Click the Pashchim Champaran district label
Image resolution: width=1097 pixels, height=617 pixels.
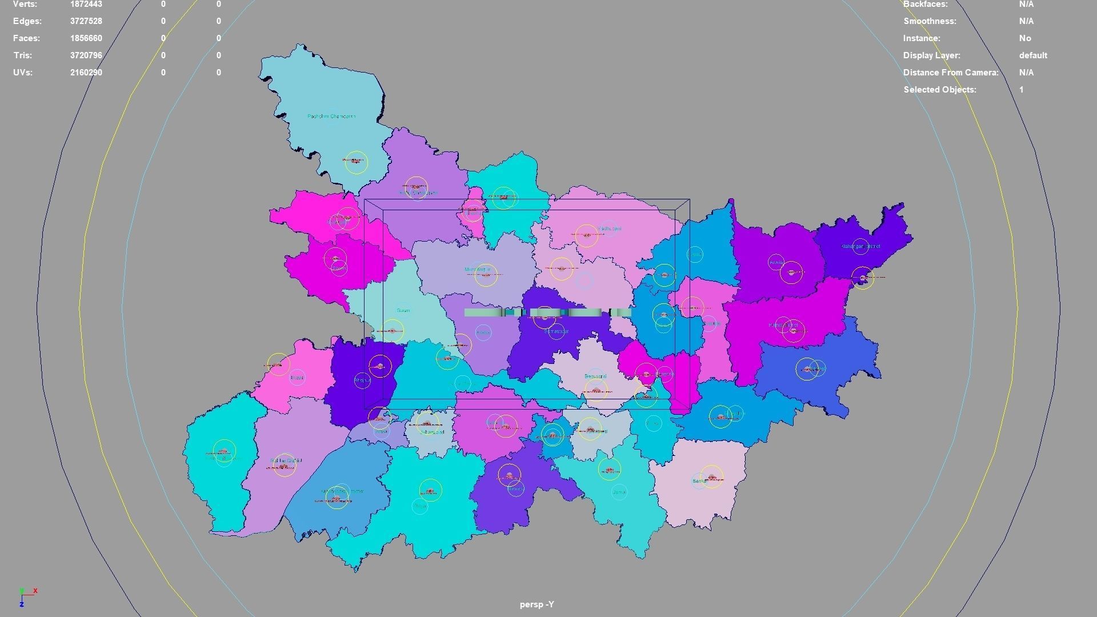click(331, 117)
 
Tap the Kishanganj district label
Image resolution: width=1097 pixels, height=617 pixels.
click(860, 246)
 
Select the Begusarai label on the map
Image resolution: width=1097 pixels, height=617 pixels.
click(595, 376)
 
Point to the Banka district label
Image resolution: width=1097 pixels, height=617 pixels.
click(700, 482)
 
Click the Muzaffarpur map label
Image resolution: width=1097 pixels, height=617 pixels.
click(478, 270)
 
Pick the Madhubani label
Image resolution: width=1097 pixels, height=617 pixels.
click(609, 229)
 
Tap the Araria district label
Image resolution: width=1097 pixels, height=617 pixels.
click(776, 263)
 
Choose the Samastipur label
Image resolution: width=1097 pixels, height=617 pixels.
click(556, 331)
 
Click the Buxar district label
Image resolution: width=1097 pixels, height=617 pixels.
click(297, 378)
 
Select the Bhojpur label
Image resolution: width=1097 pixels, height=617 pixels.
click(362, 380)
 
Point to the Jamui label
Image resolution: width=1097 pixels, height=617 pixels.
click(619, 492)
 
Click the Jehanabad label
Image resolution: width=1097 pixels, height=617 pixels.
click(431, 432)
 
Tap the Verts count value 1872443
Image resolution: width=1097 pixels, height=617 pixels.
click(86, 4)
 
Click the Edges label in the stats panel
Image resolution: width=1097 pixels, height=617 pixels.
click(27, 21)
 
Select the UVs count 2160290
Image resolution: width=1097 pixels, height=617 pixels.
click(86, 73)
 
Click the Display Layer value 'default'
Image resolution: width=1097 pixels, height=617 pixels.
click(1033, 55)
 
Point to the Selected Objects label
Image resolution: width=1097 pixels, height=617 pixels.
click(940, 90)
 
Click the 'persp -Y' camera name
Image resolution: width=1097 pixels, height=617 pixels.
click(537, 604)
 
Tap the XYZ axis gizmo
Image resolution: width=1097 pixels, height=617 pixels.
click(25, 596)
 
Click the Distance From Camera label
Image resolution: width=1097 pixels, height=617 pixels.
click(951, 73)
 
